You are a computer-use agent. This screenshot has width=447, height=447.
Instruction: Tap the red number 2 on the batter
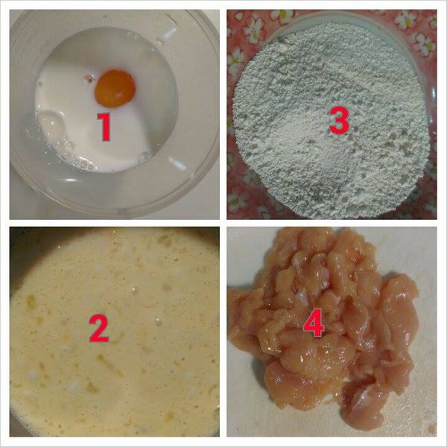click(98, 327)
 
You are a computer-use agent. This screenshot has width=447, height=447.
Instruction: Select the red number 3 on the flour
click(339, 121)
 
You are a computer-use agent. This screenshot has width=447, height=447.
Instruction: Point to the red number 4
click(314, 324)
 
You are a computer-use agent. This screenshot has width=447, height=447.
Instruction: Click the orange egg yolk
click(115, 87)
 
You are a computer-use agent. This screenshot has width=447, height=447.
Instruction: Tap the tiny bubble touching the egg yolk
click(91, 77)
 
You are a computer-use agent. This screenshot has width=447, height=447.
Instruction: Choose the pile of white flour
click(328, 149)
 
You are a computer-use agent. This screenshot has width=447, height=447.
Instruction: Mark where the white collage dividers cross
click(223, 223)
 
